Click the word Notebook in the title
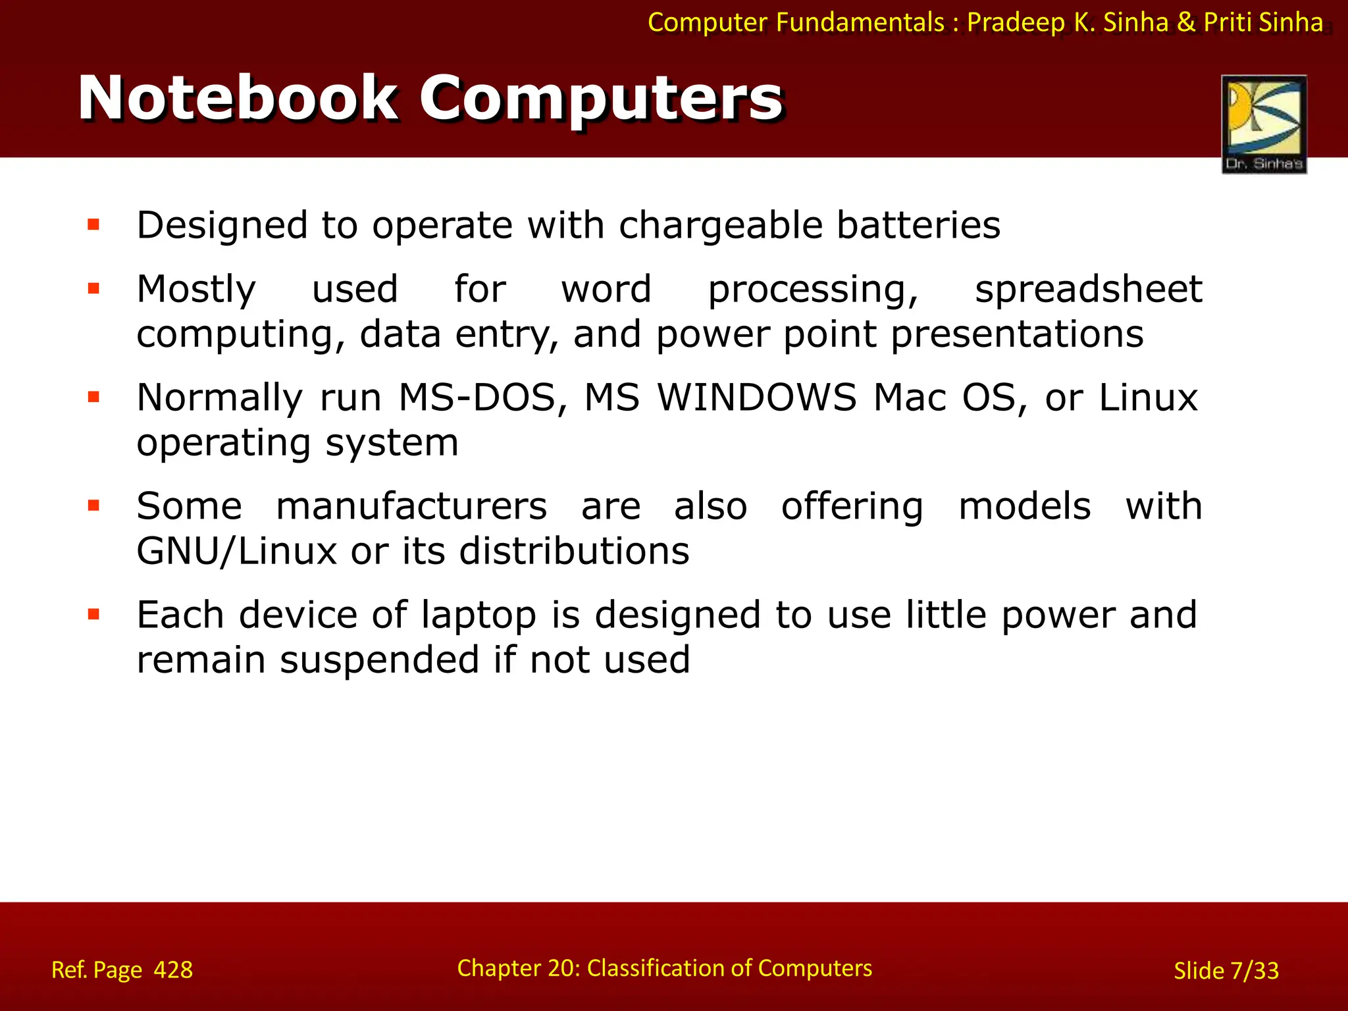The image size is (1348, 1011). pos(238,99)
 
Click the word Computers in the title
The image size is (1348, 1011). pos(600,99)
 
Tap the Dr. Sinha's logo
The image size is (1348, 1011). pos(1264,124)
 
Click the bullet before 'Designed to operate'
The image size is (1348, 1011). pos(93,225)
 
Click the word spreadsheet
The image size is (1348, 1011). pos(1088,290)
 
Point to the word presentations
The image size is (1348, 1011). pos(1017,334)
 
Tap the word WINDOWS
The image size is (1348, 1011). pos(757,398)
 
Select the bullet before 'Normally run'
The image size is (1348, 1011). pos(93,397)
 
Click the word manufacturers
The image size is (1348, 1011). pos(411,507)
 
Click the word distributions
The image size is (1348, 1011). pos(574,552)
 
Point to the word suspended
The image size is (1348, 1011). pos(380,660)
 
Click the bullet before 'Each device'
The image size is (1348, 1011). pos(93,615)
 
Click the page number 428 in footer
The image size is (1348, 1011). pos(173,970)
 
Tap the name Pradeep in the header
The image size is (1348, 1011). pos(1016,22)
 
